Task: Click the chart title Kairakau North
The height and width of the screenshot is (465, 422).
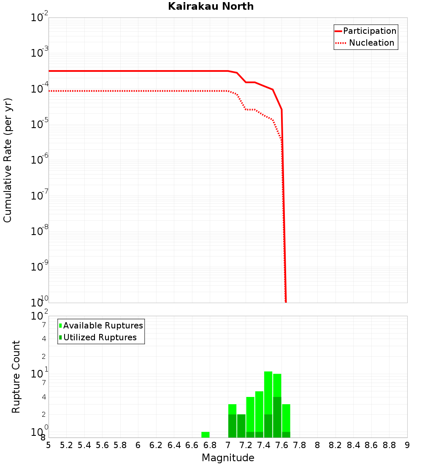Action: pos(211,6)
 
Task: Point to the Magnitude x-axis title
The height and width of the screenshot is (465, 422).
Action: pos(228,458)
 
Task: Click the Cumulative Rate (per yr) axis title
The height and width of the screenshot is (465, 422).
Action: pos(8,160)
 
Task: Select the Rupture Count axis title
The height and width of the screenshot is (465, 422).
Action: pos(16,376)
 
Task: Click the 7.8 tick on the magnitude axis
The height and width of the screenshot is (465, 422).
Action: pos(300,445)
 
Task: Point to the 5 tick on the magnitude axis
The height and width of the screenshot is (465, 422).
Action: pos(49,445)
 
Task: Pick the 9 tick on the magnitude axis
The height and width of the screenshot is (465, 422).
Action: pos(407,445)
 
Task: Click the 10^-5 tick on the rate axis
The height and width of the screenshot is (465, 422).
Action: pos(40,124)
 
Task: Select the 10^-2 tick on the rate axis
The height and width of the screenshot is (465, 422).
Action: pos(40,18)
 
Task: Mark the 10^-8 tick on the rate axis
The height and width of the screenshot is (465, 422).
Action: pos(40,231)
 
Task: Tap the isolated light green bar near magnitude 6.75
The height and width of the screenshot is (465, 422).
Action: pos(206,435)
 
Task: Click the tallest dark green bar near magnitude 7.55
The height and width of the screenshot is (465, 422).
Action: pos(277,416)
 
